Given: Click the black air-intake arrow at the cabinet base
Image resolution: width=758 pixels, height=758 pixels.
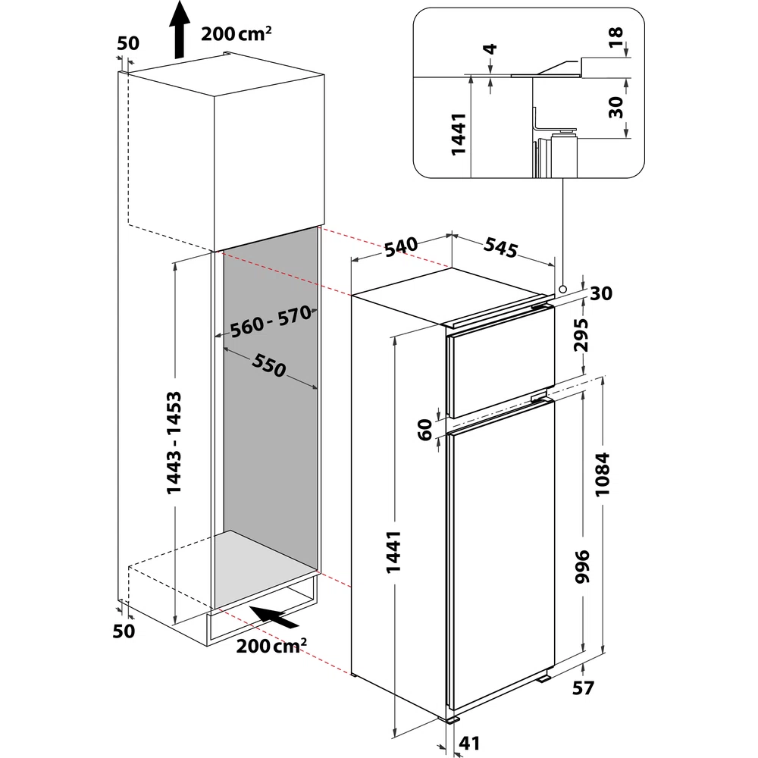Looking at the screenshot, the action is [274, 616].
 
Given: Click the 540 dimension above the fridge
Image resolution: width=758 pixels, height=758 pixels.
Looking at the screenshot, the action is [401, 246].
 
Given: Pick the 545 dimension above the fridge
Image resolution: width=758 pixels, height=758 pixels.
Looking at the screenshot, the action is [501, 248].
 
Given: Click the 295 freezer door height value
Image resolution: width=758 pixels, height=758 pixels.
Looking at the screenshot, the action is [581, 334].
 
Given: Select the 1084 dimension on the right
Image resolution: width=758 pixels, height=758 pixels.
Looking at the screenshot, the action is [603, 475].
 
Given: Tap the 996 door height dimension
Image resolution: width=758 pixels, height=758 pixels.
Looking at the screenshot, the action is [582, 566].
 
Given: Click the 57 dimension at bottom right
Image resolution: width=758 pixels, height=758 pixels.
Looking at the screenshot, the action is [583, 688].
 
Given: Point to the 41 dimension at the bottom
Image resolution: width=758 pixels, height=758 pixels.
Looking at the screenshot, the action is [469, 743].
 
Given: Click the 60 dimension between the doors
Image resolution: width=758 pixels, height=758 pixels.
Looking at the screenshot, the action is [424, 430].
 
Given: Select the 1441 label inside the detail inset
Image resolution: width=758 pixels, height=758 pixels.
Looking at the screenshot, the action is [458, 134].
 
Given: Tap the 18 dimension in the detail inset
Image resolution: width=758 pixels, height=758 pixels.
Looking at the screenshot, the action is [615, 37].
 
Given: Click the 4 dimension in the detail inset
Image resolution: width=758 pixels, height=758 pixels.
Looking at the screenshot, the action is [490, 49].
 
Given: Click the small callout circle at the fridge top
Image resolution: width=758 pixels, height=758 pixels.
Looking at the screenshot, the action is [562, 289].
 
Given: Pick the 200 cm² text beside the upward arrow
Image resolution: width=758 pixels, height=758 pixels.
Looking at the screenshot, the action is [236, 33].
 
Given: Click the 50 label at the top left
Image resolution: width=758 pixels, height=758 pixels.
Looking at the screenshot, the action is [128, 43].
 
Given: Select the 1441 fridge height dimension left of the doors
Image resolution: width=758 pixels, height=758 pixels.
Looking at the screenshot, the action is [393, 552].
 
